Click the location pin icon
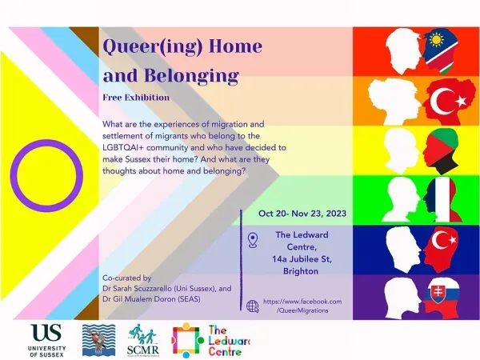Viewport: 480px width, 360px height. tap(254, 239)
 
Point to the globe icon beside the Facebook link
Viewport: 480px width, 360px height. tap(253, 306)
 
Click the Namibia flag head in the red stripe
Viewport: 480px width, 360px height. tap(434, 50)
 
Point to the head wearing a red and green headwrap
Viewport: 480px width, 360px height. tap(435, 149)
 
